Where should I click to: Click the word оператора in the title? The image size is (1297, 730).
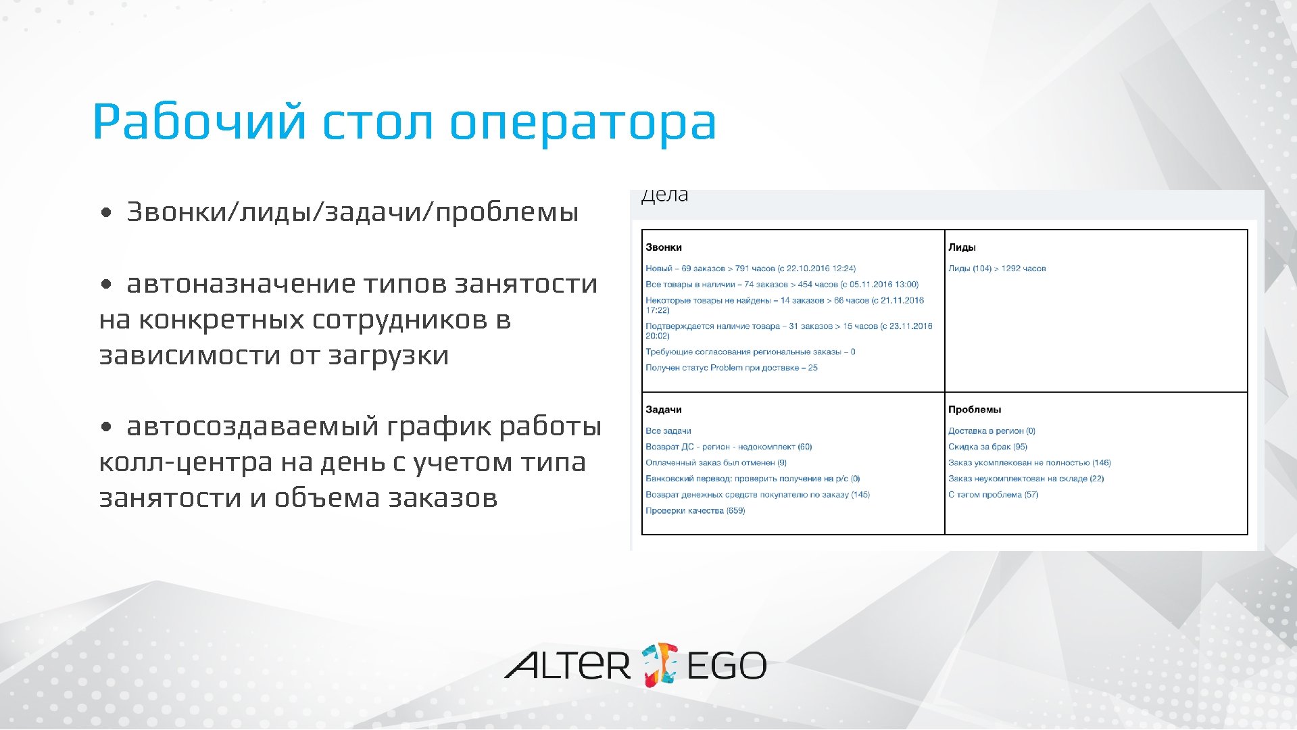click(x=582, y=123)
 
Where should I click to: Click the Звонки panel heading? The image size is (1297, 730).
click(x=663, y=247)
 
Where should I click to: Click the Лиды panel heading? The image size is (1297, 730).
click(x=961, y=247)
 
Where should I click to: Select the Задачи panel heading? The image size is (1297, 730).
click(x=663, y=410)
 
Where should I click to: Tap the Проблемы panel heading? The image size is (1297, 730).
click(x=974, y=410)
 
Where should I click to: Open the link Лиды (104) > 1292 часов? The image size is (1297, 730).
click(x=996, y=268)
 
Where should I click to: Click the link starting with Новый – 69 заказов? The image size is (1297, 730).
click(x=750, y=268)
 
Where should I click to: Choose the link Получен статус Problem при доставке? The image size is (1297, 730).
click(x=731, y=368)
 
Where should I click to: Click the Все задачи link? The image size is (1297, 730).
click(x=668, y=431)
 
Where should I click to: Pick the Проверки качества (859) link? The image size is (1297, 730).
click(x=695, y=511)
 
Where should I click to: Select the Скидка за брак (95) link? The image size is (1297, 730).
click(x=987, y=447)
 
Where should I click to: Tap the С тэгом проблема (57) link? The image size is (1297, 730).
click(x=992, y=495)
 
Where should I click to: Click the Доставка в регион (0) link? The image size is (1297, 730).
click(x=991, y=431)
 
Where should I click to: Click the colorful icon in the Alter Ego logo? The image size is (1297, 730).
click(x=658, y=664)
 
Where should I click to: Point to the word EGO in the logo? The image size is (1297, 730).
click(x=726, y=666)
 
